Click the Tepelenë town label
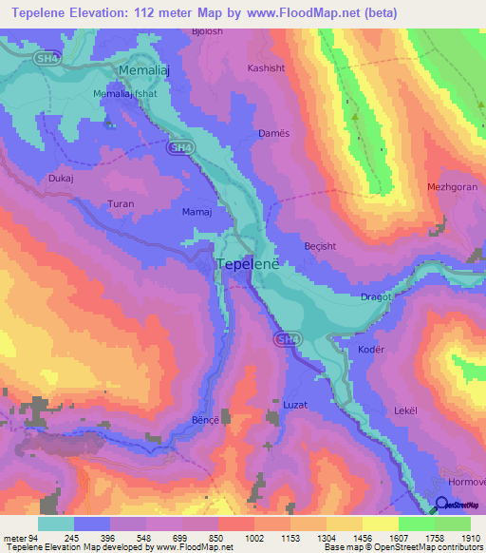[249, 265]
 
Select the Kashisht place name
[266, 69]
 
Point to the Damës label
[273, 134]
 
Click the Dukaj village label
[60, 178]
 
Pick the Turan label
[121, 204]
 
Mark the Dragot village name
[377, 297]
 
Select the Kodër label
[370, 350]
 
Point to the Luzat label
[295, 405]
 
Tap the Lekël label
[405, 410]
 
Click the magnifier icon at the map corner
[441, 505]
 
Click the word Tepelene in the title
[37, 12]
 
